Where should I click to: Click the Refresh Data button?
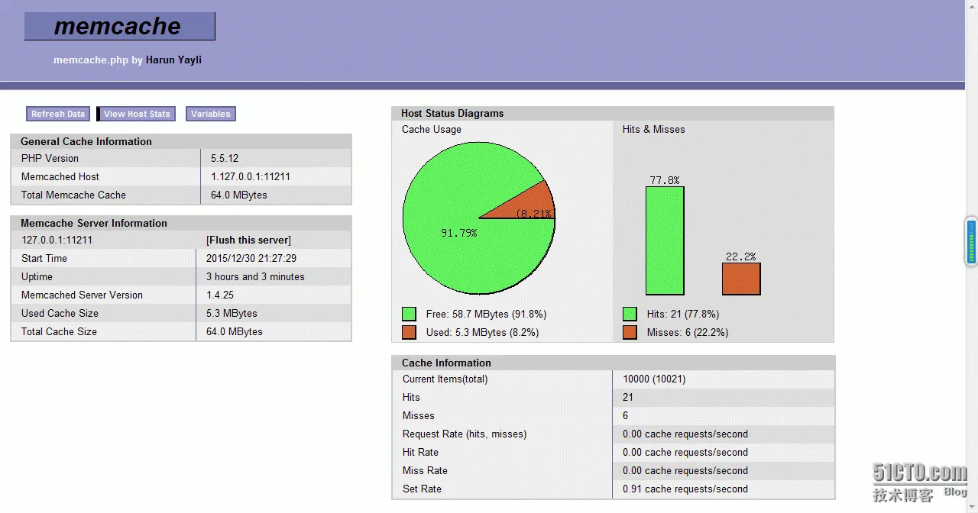coord(58,114)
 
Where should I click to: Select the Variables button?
coord(210,114)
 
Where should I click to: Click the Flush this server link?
coord(248,240)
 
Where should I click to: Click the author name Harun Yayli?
coord(173,60)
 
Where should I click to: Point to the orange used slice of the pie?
coord(527,205)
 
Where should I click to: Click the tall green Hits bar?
coord(665,240)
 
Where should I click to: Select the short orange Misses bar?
coord(741,279)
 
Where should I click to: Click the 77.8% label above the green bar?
coord(665,180)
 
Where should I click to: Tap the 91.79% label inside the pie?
coord(458,233)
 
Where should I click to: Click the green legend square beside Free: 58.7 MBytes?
coord(410,314)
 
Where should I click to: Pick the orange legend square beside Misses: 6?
coord(630,332)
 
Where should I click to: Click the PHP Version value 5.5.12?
coord(225,158)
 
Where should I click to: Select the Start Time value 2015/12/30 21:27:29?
coord(251,258)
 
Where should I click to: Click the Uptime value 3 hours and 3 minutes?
coord(255,276)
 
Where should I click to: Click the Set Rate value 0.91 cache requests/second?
coord(685,489)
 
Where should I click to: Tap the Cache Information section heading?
coord(446,363)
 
